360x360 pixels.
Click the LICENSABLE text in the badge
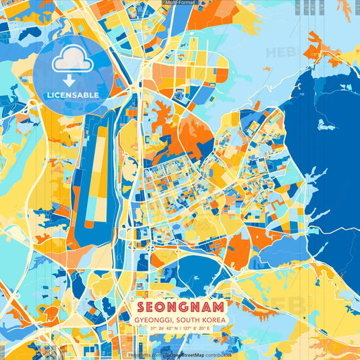click(x=73, y=95)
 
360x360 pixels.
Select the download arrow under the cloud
click(x=72, y=79)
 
